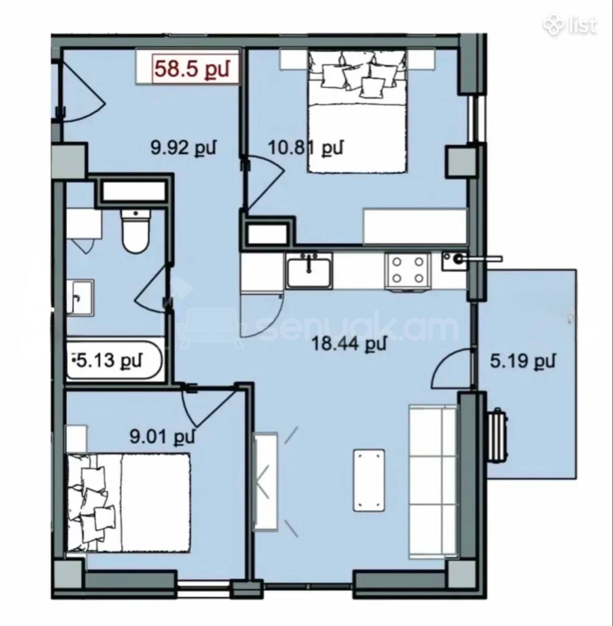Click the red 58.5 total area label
[192, 69]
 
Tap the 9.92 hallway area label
[183, 148]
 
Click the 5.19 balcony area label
[523, 361]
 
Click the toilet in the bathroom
[136, 231]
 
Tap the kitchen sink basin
[309, 271]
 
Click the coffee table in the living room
[369, 480]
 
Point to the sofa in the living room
[433, 481]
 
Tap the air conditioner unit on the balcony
[498, 436]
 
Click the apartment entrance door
[83, 91]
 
